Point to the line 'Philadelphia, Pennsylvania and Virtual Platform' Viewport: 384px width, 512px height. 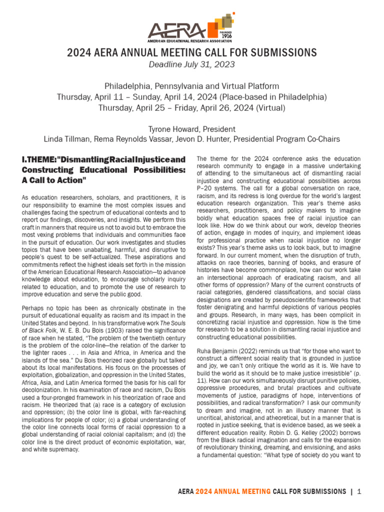pyautogui.click(x=192, y=86)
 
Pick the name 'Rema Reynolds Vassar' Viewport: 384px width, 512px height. pyautogui.click(x=128, y=139)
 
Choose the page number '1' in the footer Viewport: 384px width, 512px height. pyautogui.click(x=359, y=492)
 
